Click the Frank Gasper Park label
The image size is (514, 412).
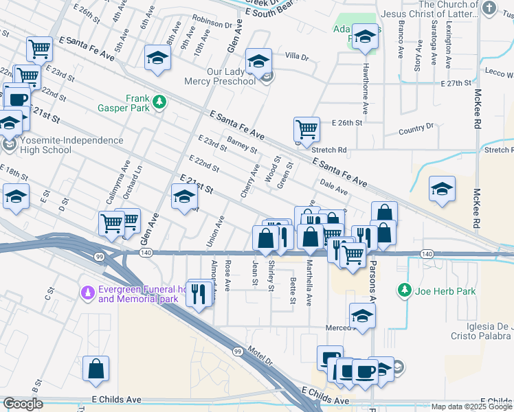141,104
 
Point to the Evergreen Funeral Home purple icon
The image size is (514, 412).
87,294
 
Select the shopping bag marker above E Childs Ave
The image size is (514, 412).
96,369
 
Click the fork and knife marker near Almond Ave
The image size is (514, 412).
199,295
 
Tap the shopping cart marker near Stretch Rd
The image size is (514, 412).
306,128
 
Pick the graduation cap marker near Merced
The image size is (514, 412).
362,316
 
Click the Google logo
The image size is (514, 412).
22,404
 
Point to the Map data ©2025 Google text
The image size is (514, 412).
471,407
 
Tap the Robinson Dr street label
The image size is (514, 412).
212,23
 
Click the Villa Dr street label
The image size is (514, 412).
298,56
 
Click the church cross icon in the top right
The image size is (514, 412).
489,8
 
